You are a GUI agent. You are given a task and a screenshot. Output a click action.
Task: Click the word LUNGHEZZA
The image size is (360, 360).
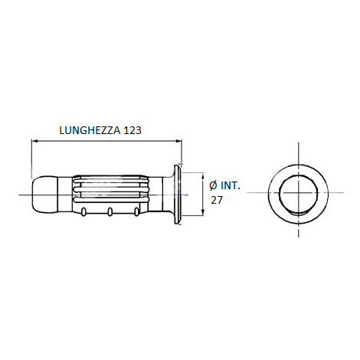88,130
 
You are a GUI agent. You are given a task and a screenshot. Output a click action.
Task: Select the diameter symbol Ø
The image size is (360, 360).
212,185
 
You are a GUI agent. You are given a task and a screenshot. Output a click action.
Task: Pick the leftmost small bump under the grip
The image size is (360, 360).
81,211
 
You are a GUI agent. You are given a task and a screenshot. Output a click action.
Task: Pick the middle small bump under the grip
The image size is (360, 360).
112,211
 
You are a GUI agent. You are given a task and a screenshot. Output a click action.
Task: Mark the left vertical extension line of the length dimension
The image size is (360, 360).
31,157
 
